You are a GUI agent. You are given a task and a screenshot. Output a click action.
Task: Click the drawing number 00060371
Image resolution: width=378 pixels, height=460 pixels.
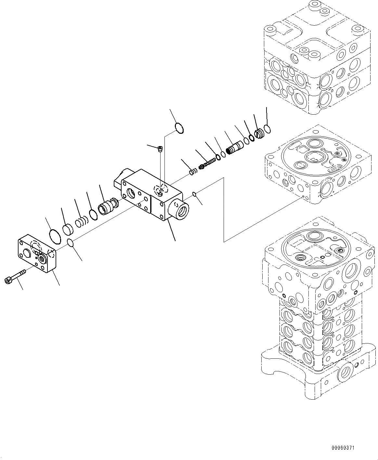tap(343, 448)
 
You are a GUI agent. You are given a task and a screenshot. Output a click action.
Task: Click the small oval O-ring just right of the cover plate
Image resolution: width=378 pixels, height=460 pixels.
tap(70, 242)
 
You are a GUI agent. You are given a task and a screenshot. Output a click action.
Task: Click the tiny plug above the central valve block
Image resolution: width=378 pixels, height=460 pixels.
tap(160, 149)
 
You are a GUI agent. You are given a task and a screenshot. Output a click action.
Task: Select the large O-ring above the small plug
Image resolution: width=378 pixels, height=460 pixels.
tap(179, 128)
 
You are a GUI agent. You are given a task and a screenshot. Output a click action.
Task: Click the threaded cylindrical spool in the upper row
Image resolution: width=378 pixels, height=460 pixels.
tap(234, 147)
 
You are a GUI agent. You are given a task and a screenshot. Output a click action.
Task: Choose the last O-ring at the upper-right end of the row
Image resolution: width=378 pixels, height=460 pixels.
tap(267, 129)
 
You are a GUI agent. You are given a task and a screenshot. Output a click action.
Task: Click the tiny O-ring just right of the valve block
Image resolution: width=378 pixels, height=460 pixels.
tap(194, 194)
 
